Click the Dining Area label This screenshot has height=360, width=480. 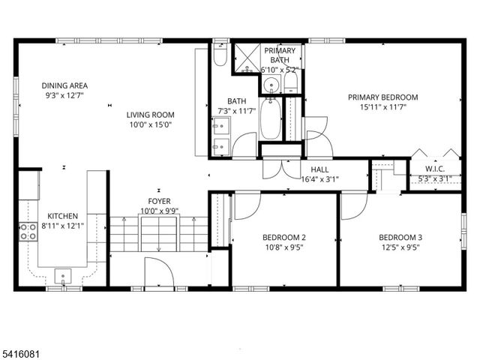pos(65,85)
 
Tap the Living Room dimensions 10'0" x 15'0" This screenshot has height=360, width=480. pos(150,125)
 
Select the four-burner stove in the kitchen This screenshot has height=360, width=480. pos(28,232)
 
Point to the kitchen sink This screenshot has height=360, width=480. pos(64,274)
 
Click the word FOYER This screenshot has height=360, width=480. pos(159,201)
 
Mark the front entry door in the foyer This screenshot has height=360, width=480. pos(158,271)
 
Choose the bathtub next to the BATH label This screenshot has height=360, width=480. pos(271,118)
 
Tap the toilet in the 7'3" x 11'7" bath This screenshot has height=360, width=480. pos(218,56)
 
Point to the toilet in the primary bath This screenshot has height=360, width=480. pos(292,82)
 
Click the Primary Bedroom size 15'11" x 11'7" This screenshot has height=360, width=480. pos(382,108)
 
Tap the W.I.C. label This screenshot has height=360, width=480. pos(435,169)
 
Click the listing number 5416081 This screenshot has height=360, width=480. pos(23,349)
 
